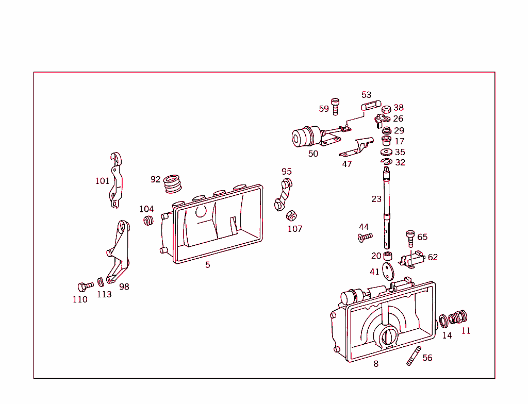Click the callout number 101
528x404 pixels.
[x=102, y=181]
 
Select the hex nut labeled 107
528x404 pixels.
[x=291, y=215]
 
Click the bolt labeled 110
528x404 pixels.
[x=84, y=286]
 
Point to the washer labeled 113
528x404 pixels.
[x=101, y=282]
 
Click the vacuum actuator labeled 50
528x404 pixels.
[x=307, y=137]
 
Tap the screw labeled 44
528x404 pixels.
[x=364, y=237]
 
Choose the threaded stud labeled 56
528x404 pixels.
[x=413, y=356]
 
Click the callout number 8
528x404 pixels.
[x=376, y=364]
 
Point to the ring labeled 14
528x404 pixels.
[x=444, y=322]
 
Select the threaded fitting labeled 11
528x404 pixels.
[x=458, y=317]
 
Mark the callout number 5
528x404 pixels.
[x=208, y=265]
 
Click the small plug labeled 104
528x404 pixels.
[x=148, y=221]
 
